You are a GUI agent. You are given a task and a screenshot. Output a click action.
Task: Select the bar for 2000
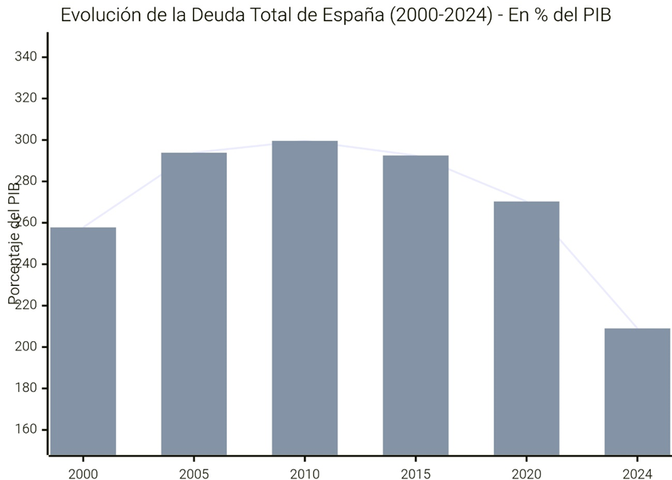(x=83, y=341)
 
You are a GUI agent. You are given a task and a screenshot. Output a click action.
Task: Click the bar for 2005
(x=193, y=303)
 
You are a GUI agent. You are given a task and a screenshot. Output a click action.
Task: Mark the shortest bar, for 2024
(x=636, y=391)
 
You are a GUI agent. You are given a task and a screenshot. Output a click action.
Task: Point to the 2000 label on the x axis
(x=83, y=473)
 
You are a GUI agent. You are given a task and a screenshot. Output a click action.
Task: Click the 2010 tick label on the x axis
(x=304, y=473)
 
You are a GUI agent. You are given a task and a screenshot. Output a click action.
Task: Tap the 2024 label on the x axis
(x=636, y=473)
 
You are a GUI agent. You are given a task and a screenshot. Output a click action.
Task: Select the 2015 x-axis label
(x=415, y=473)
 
